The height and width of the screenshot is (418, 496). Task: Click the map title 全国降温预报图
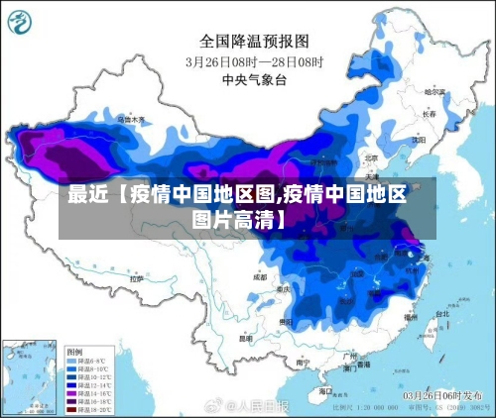[x=255, y=42]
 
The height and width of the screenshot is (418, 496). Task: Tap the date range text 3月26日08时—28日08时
[x=255, y=60]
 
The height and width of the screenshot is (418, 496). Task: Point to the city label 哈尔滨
[x=434, y=91]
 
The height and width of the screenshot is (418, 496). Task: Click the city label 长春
[x=429, y=114]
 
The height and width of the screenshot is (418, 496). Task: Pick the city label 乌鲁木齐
[x=129, y=119]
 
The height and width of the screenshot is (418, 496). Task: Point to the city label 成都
[x=260, y=278]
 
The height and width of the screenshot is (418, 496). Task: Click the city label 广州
[x=348, y=355]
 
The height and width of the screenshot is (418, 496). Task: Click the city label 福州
[x=412, y=318]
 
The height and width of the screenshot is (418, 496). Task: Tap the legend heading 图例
[x=73, y=352]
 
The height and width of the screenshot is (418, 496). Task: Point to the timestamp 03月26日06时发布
[x=436, y=395]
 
